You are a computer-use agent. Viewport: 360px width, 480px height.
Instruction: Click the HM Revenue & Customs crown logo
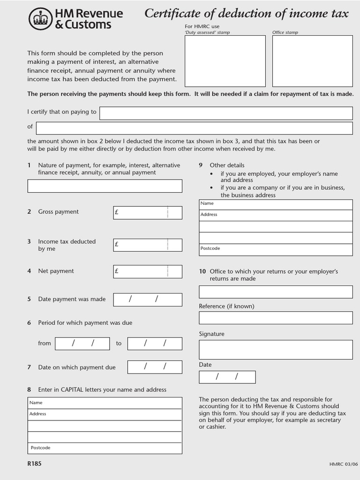pyautogui.click(x=41, y=19)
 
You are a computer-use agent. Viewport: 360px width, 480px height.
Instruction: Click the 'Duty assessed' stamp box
pyautogui.click(x=225, y=61)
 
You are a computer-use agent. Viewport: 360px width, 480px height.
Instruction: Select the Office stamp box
pyautogui.click(x=312, y=61)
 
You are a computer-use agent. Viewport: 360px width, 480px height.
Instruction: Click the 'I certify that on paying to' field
pyautogui.click(x=226, y=113)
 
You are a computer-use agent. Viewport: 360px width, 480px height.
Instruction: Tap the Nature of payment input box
pyautogui.click(x=105, y=186)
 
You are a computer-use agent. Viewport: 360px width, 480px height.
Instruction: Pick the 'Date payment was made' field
pyautogui.click(x=148, y=300)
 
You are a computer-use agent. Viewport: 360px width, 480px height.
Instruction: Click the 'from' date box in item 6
pyautogui.click(x=82, y=344)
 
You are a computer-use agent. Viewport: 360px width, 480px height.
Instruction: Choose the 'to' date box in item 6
pyautogui.click(x=155, y=344)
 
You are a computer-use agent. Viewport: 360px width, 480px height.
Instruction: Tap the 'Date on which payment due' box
pyautogui.click(x=155, y=367)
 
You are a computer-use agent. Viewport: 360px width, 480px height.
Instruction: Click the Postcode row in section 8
pyautogui.click(x=105, y=448)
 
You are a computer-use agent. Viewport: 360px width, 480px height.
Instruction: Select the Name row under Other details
pyautogui.click(x=276, y=204)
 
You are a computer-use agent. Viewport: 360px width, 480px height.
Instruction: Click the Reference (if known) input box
pyautogui.click(x=276, y=318)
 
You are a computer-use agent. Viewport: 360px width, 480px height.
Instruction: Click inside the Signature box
pyautogui.click(x=276, y=349)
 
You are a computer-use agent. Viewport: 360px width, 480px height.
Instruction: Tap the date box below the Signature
pyautogui.click(x=227, y=377)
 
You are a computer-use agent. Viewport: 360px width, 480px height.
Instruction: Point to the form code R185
pyautogui.click(x=34, y=464)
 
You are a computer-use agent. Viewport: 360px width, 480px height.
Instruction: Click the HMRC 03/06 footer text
pyautogui.click(x=343, y=465)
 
